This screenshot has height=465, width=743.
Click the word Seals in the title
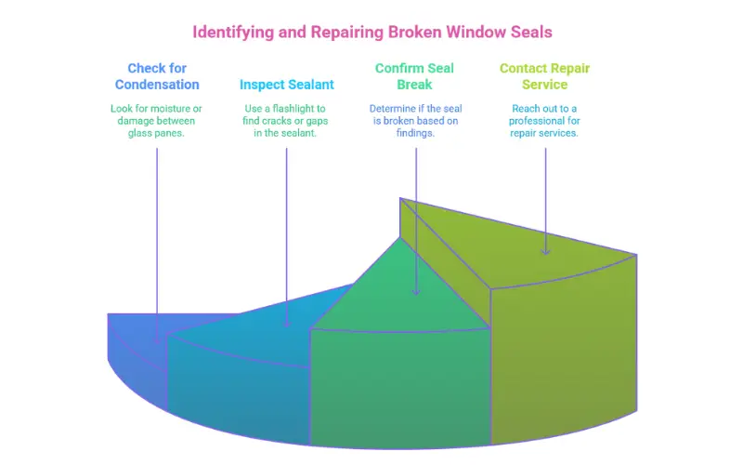(x=528, y=32)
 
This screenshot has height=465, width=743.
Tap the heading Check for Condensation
(x=157, y=76)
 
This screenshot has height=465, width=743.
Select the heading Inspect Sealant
(x=287, y=85)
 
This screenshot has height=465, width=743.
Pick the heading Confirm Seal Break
(x=415, y=76)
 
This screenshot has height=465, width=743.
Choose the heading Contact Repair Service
(x=544, y=76)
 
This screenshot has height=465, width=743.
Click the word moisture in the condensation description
(x=169, y=109)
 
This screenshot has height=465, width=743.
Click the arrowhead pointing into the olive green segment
(x=545, y=248)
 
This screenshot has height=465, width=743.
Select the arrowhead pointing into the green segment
(x=416, y=290)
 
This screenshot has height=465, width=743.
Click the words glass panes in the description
(x=156, y=133)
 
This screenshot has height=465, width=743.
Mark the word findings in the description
(x=415, y=133)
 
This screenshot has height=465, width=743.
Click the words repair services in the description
(x=544, y=133)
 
